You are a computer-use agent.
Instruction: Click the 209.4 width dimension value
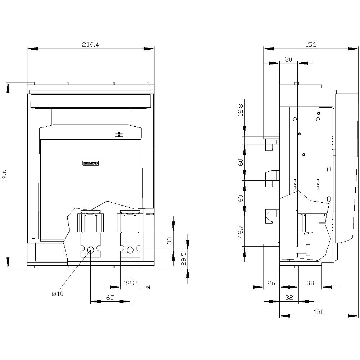(x=90, y=45)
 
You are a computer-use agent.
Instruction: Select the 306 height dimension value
(x=4, y=175)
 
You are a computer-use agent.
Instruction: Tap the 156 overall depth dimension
(x=311, y=45)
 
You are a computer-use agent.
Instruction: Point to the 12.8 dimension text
(x=240, y=111)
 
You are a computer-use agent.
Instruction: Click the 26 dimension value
(x=271, y=283)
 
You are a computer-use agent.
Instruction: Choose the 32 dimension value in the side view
(x=289, y=297)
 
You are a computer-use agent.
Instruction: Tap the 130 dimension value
(x=318, y=312)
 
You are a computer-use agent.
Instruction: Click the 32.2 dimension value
(x=130, y=283)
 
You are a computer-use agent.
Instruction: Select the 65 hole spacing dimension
(x=110, y=297)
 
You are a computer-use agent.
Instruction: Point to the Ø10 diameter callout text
(x=57, y=294)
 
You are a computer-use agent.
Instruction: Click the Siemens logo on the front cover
(x=90, y=163)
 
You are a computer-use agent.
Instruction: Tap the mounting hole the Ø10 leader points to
(x=91, y=250)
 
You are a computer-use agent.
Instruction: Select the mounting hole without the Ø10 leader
(x=130, y=250)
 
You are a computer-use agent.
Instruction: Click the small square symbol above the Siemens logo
(x=119, y=134)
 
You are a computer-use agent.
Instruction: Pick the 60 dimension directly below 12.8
(x=240, y=162)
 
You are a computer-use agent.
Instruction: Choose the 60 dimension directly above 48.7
(x=240, y=198)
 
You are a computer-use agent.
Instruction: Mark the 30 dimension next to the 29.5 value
(x=169, y=241)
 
